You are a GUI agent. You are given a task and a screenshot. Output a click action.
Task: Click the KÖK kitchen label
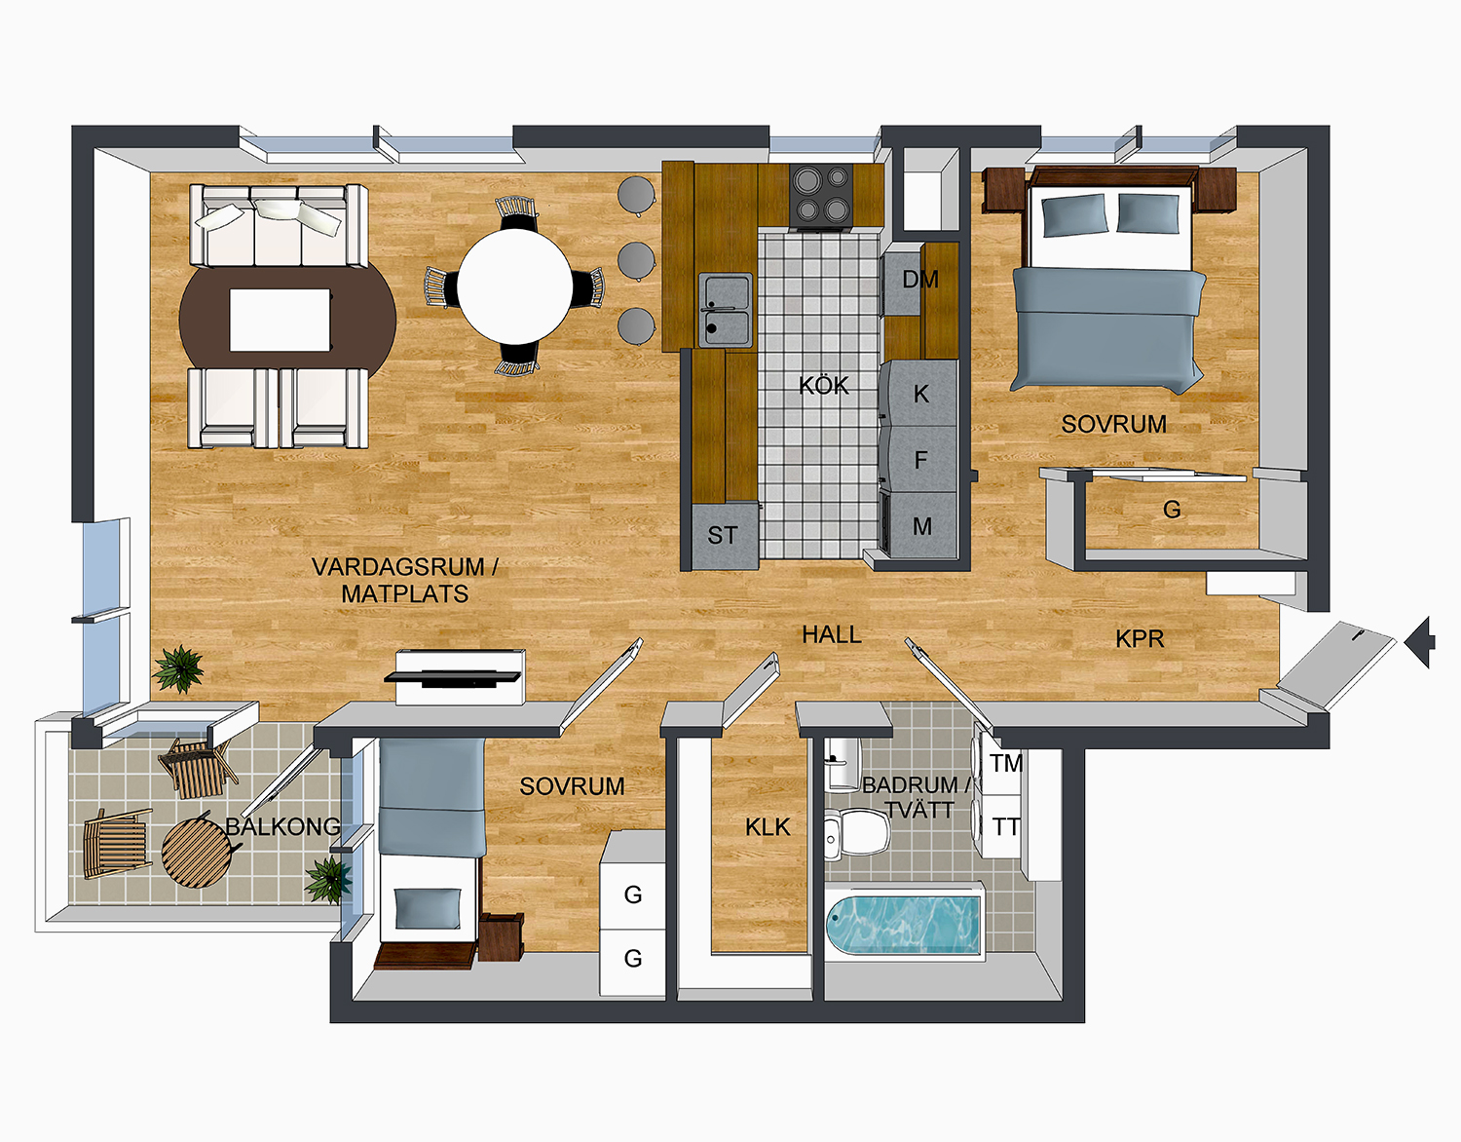[x=824, y=386]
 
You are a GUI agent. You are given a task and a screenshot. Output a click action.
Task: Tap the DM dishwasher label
[x=919, y=281]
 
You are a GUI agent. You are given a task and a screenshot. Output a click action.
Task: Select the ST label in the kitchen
[x=722, y=536]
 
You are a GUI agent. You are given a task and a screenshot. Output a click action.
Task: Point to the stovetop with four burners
[x=821, y=195]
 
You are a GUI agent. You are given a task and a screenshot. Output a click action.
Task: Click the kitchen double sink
[x=726, y=310]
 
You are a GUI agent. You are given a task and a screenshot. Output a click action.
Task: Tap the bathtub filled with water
[x=903, y=925]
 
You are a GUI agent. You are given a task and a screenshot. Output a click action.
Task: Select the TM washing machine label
[x=1006, y=764]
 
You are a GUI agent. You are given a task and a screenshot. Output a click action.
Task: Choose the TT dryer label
[x=1006, y=827]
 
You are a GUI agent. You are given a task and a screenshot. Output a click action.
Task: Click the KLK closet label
[x=768, y=828]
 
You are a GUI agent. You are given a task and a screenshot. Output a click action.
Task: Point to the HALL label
[x=831, y=635]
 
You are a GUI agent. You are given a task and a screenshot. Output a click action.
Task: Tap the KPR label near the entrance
[x=1140, y=639]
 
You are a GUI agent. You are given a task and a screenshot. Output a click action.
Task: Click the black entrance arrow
[x=1420, y=641]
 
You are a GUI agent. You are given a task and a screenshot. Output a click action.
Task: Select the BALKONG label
[x=282, y=827]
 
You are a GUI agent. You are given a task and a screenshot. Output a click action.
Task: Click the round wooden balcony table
[x=198, y=853]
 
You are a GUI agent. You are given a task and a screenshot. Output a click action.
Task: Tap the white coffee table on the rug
[x=280, y=320]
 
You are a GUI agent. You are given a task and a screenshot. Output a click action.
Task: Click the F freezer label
[x=920, y=460]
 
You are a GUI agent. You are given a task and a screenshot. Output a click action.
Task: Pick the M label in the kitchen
[x=921, y=527]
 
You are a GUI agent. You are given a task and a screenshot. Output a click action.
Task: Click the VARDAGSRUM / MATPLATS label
[x=405, y=581]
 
